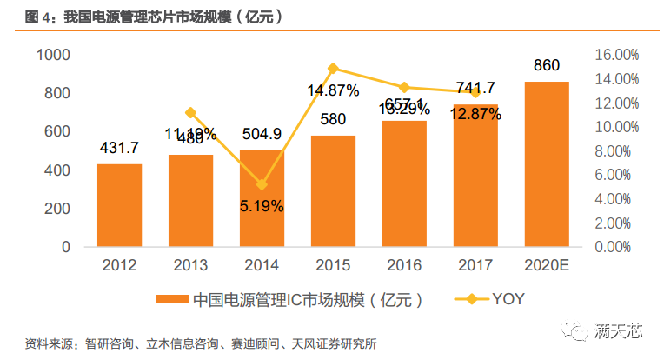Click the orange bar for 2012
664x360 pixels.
pyautogui.click(x=119, y=205)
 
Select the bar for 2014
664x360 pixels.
pyautogui.click(x=262, y=198)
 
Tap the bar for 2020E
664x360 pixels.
pyautogui.click(x=548, y=164)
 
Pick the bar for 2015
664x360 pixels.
pyautogui.click(x=333, y=191)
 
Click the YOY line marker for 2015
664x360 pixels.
pyautogui.click(x=333, y=68)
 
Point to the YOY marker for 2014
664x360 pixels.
pyautogui.click(x=262, y=184)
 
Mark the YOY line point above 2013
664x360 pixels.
pyautogui.click(x=190, y=112)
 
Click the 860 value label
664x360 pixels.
pyautogui.click(x=548, y=65)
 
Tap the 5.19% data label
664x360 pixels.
pyautogui.click(x=262, y=207)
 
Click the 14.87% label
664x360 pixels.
pyautogui.click(x=333, y=90)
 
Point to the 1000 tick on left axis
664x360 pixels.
pyautogui.click(x=53, y=55)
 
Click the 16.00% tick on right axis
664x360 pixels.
pyautogui.click(x=614, y=55)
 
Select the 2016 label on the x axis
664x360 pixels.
pyautogui.click(x=404, y=265)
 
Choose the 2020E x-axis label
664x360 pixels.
pyautogui.click(x=548, y=265)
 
